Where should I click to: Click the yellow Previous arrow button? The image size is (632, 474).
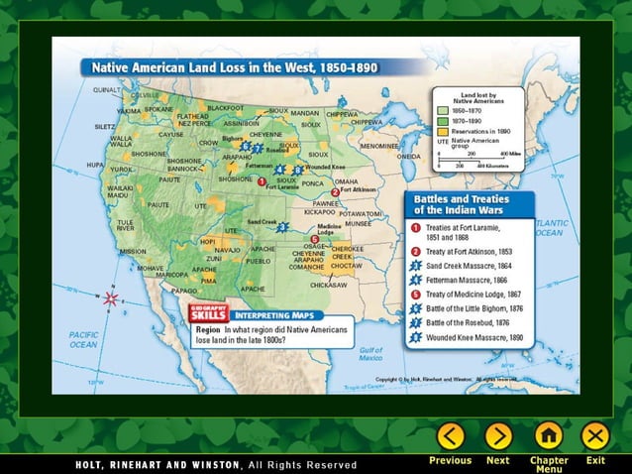[x=451, y=436]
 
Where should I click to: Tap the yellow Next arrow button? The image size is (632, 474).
[x=498, y=436]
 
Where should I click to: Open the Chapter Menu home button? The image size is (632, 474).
[x=549, y=436]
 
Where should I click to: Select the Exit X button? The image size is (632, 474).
[x=595, y=436]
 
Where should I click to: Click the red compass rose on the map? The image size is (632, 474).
[x=111, y=297]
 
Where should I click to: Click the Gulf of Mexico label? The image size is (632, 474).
[x=371, y=353]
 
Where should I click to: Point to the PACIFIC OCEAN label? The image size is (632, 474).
[x=83, y=340]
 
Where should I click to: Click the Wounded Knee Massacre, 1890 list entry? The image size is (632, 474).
[x=474, y=337]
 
